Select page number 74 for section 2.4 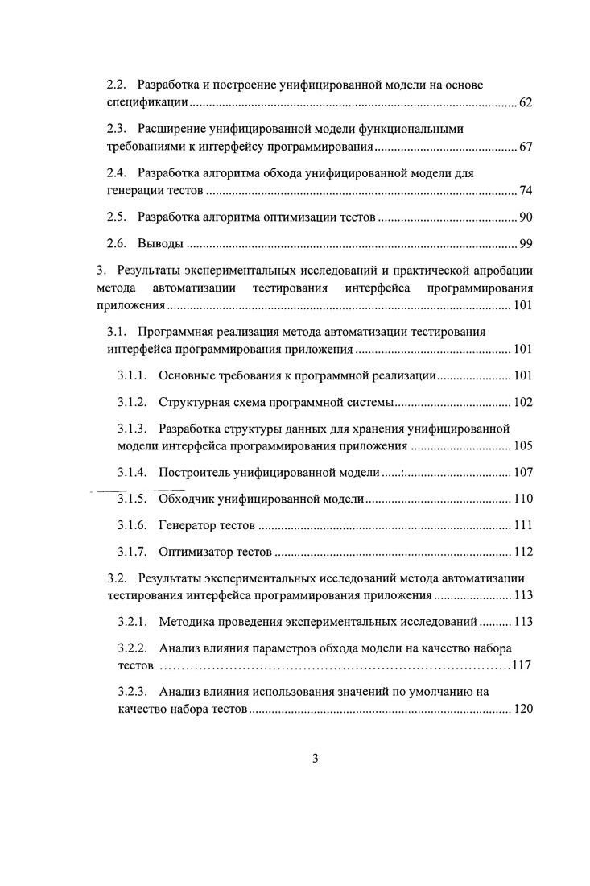(525, 191)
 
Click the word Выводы (161, 243)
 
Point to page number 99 (525, 243)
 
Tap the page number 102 (522, 402)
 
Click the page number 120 (522, 710)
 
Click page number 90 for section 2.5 (525, 217)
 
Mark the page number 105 (522, 446)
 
